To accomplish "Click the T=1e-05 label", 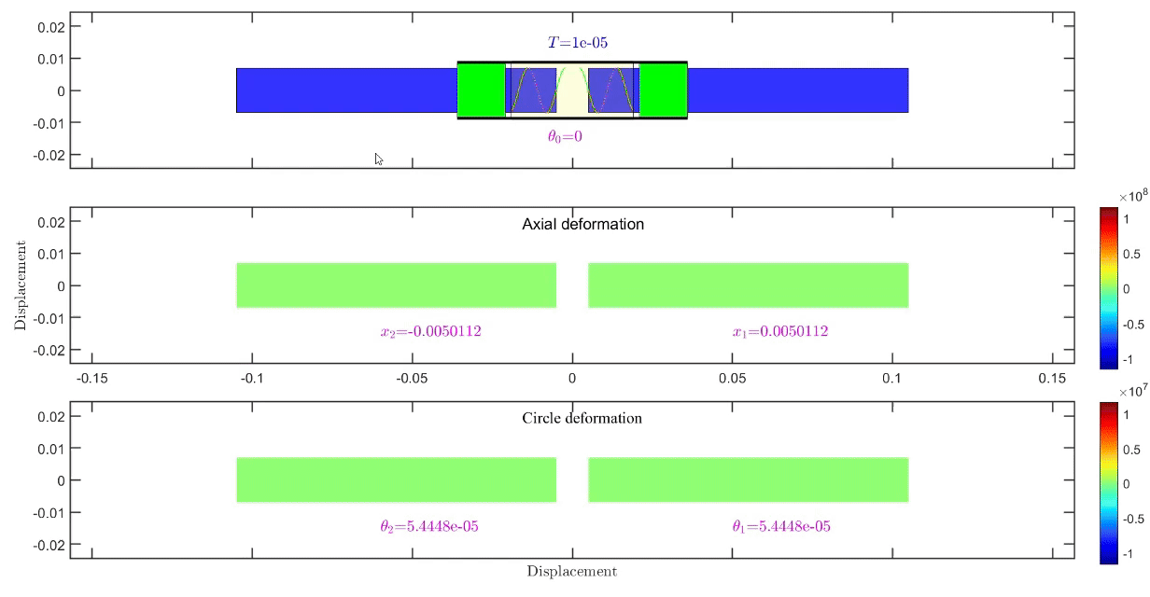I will (x=578, y=42).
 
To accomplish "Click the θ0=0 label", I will (x=565, y=136).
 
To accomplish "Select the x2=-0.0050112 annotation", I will (x=431, y=331).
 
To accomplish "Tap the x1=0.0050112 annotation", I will (x=780, y=331).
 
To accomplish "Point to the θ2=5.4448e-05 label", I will (x=429, y=526).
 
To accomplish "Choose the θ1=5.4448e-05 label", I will (x=781, y=526).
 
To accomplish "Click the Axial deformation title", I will (x=582, y=224).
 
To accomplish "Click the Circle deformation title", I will (x=582, y=418).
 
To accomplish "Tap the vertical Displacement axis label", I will (x=20, y=285).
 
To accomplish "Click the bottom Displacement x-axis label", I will (x=571, y=571).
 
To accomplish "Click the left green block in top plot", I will (x=481, y=90).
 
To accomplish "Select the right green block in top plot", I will (x=663, y=90).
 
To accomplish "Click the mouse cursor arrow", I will (x=379, y=159).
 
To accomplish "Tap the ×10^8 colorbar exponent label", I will (x=1132, y=197).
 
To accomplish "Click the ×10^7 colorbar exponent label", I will (x=1132, y=390).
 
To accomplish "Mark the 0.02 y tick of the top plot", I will (x=50, y=26).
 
